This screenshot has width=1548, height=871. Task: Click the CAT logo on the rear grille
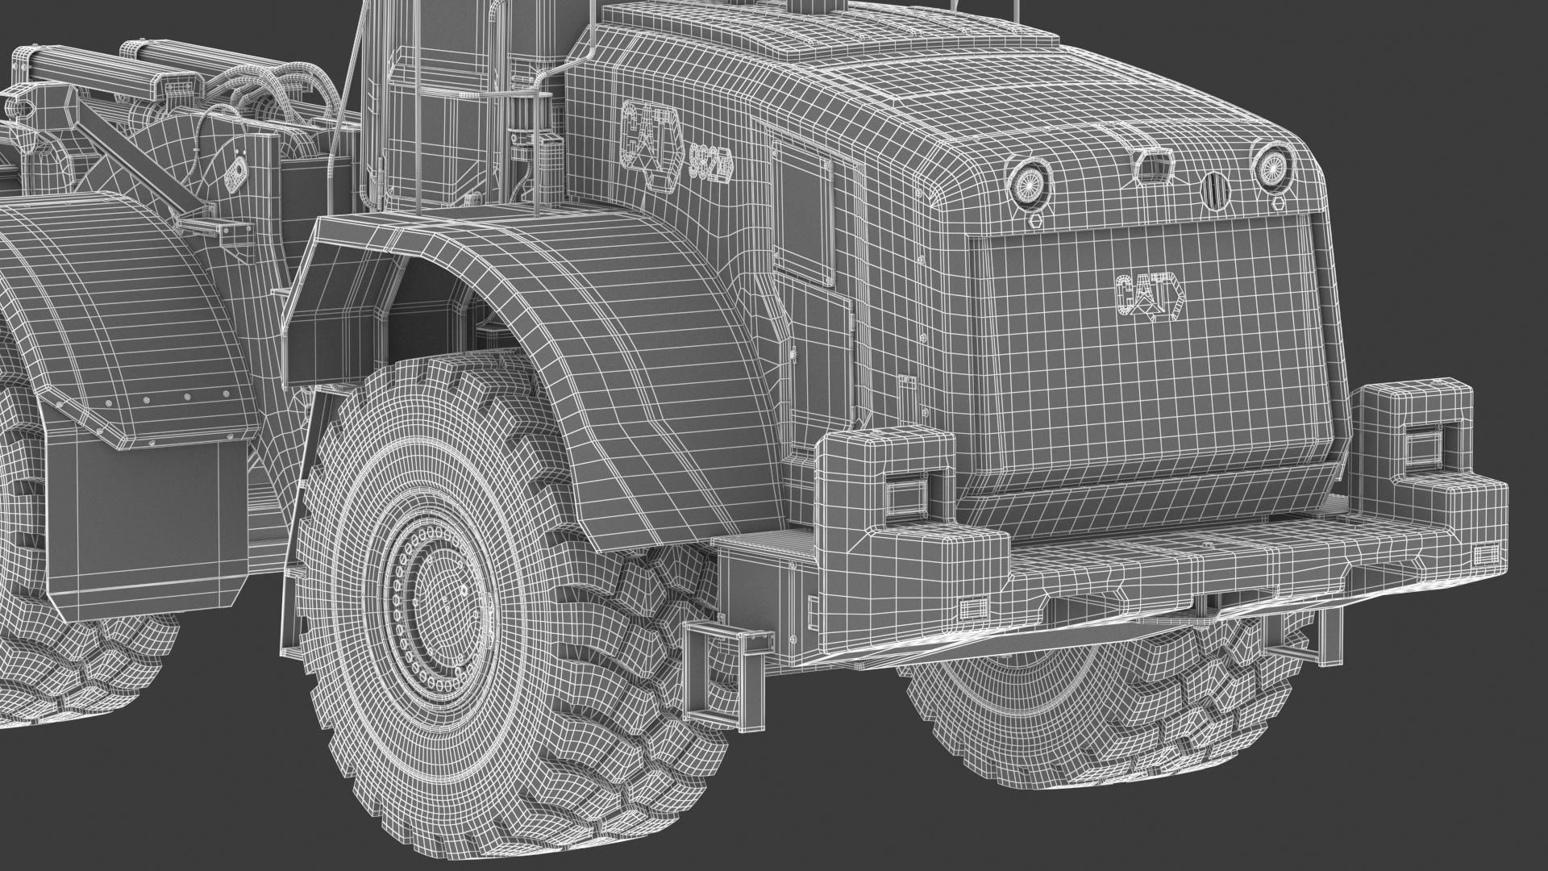(x=1150, y=295)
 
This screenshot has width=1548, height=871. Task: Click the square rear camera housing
(x=1149, y=165)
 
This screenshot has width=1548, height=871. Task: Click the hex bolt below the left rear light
(x=1036, y=219)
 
